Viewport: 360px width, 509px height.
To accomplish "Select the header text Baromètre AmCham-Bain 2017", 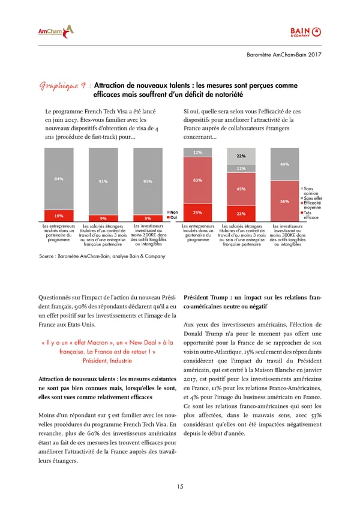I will coord(285,55).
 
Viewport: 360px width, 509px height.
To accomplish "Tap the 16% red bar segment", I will coord(59,215).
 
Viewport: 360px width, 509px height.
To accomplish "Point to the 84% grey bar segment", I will coord(59,179).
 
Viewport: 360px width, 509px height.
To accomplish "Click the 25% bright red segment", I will coord(197,212).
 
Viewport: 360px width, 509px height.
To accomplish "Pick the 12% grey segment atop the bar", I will coord(197,152).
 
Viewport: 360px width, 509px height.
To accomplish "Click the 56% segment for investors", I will coord(284,202).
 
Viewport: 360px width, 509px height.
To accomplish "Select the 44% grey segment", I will coord(284,164).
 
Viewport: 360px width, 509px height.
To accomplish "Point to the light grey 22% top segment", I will coord(241,156).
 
